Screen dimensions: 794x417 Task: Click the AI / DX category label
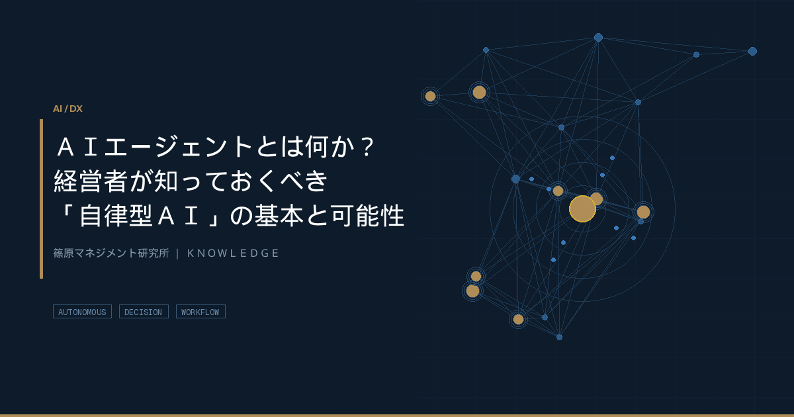click(67, 109)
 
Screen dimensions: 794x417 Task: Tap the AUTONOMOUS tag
click(82, 312)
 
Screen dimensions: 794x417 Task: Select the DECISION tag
click(144, 312)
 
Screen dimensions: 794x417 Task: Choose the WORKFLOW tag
click(200, 312)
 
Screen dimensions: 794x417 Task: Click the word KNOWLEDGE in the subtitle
click(233, 253)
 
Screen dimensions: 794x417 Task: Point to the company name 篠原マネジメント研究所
click(111, 253)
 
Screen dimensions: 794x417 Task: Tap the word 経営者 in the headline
click(91, 181)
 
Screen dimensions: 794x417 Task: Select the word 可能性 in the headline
click(368, 215)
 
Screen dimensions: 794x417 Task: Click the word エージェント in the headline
click(178, 146)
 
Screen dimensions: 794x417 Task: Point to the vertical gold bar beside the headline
click(42, 199)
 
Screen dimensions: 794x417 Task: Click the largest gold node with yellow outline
click(582, 209)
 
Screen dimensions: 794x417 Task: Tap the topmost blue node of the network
click(598, 37)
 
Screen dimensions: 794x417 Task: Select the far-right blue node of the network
click(752, 52)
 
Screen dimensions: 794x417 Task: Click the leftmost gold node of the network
click(430, 96)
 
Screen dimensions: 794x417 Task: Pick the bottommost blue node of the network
click(559, 337)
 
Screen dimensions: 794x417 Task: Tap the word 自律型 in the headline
click(116, 215)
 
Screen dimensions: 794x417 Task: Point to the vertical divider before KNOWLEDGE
click(177, 253)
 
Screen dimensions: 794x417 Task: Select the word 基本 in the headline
click(279, 215)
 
